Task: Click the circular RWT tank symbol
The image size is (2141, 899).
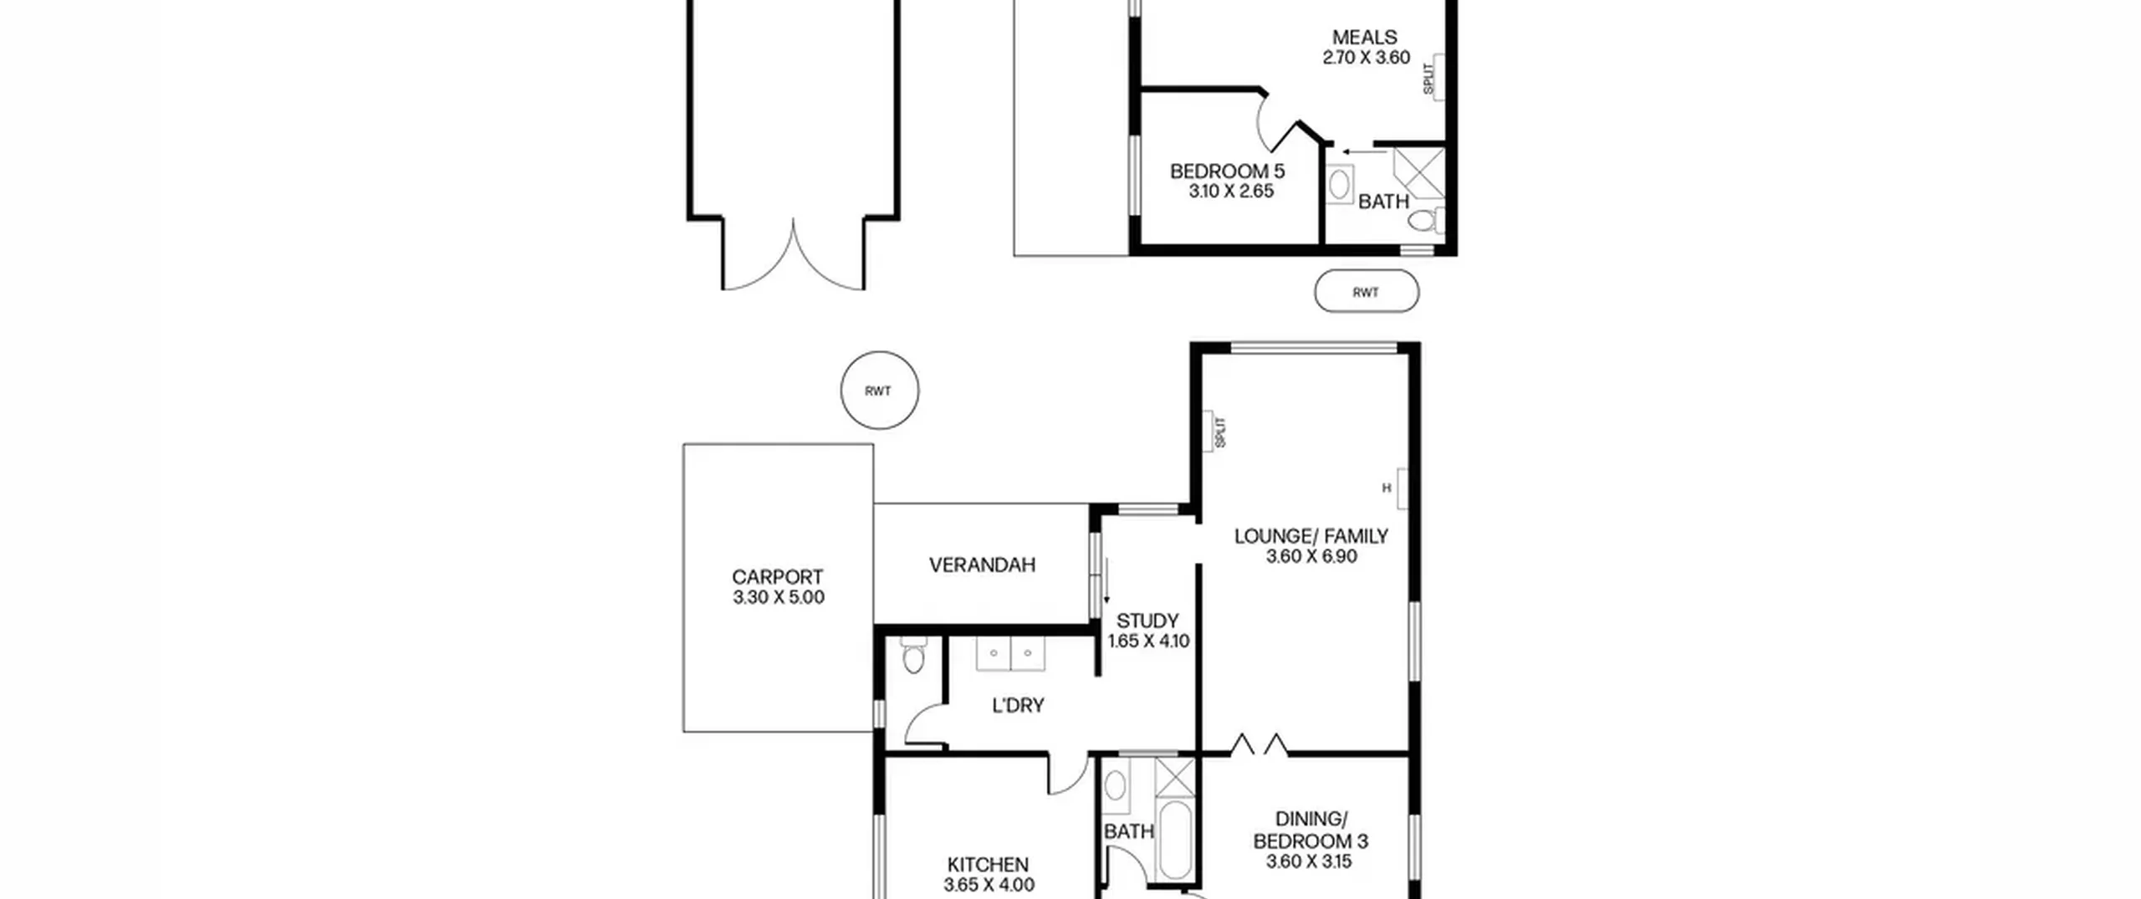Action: [879, 390]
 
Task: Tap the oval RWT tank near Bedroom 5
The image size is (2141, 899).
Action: [1367, 292]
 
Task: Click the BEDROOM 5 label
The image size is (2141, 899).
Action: [1227, 171]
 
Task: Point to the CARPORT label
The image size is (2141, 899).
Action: [778, 577]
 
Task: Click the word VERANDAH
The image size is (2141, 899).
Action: [982, 565]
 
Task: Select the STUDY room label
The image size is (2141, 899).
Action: [1147, 621]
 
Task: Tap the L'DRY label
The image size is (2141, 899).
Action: [1018, 706]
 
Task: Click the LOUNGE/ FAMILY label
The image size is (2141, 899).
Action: [1311, 536]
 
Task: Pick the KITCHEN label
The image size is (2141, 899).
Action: [988, 865]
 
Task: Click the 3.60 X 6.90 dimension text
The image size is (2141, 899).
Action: [1311, 557]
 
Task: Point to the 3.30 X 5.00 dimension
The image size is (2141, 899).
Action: [778, 597]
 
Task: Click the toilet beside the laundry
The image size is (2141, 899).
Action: [912, 656]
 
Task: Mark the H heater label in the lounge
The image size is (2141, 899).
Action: [1386, 488]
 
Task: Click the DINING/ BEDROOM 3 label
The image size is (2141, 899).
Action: [1311, 831]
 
